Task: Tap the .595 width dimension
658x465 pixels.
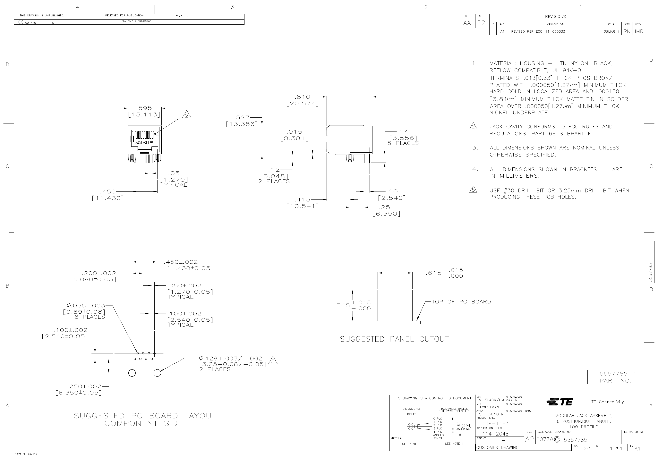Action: pyautogui.click(x=144, y=108)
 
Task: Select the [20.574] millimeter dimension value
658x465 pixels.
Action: pyautogui.click(x=303, y=103)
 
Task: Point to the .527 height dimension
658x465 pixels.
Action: pyautogui.click(x=242, y=117)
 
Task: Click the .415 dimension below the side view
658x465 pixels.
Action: pyautogui.click(x=303, y=199)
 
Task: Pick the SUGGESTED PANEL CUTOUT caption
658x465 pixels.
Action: pyautogui.click(x=394, y=339)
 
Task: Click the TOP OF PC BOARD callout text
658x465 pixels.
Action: pyautogui.click(x=461, y=302)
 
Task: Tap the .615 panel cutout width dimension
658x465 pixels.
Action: pyautogui.click(x=434, y=273)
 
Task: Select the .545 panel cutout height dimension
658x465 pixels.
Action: pyautogui.click(x=342, y=306)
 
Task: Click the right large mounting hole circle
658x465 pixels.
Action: pyautogui.click(x=157, y=373)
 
